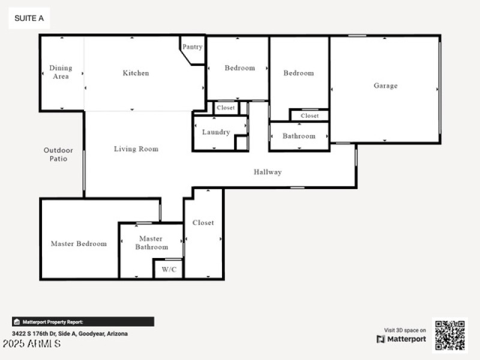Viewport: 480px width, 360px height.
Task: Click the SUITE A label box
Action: (29, 19)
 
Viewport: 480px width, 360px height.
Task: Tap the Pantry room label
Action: (192, 47)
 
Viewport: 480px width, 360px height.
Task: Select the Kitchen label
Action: (136, 73)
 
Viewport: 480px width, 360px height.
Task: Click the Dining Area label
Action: (61, 72)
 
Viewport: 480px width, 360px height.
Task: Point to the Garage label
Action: (385, 86)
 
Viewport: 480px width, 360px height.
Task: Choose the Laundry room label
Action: (215, 132)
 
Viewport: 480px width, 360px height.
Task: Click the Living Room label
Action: (136, 149)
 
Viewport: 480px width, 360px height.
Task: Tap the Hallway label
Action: (267, 172)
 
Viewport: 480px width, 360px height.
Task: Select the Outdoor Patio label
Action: (58, 154)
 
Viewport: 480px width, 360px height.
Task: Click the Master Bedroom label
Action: (79, 244)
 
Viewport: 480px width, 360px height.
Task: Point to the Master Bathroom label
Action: (151, 242)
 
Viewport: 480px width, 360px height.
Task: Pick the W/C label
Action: (169, 269)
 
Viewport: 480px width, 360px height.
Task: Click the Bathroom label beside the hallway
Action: (299, 136)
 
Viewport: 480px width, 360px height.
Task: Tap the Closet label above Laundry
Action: (226, 108)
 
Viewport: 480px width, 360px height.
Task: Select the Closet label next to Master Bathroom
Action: (203, 223)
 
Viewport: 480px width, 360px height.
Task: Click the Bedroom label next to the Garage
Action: (298, 73)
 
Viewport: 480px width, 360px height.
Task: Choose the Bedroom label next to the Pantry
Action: (239, 68)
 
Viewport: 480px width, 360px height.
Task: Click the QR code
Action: (449, 335)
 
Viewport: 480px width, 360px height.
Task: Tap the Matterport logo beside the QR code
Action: (401, 339)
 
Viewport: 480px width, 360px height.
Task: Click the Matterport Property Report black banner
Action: (83, 322)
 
